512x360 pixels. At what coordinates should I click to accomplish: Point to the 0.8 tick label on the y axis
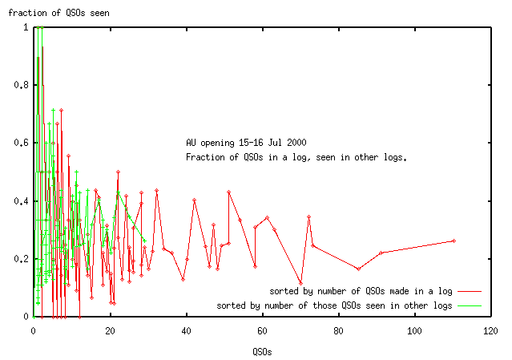[21, 85]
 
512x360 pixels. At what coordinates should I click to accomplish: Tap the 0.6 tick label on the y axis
[21, 143]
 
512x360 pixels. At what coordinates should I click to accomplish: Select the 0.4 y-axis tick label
[21, 200]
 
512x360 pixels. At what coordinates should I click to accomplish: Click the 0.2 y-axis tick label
[21, 258]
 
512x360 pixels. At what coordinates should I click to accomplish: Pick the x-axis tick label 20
[110, 330]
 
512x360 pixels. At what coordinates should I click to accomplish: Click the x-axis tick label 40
[186, 330]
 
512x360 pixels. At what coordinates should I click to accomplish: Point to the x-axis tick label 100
[414, 330]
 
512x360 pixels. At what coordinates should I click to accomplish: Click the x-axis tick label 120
[490, 330]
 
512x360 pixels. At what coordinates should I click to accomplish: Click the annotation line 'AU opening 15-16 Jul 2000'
[245, 143]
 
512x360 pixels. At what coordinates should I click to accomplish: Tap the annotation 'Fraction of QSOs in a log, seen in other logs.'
[296, 157]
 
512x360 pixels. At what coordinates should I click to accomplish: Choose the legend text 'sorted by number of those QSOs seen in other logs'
[334, 305]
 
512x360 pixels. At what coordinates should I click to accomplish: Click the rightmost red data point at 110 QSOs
[454, 241]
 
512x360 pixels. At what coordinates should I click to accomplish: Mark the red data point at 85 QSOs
[358, 268]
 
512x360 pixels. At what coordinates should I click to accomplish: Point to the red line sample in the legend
[470, 290]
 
